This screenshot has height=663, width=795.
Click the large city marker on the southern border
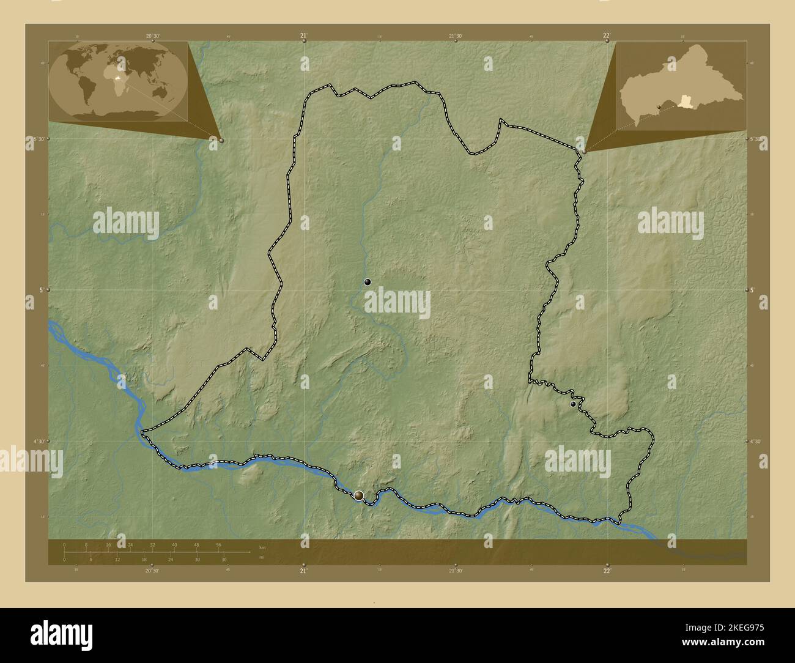point(359,495)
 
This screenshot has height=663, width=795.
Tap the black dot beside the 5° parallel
point(368,282)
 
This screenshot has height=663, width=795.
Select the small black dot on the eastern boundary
point(573,404)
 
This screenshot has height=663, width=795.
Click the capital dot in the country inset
point(659,108)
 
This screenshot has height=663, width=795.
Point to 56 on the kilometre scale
point(218,544)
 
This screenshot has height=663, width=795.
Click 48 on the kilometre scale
point(196,544)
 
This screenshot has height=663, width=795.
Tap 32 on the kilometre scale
point(152,544)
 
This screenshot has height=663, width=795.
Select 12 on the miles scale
point(117,559)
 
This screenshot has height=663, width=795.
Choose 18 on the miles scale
point(145,559)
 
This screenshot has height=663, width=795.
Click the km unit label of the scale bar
point(262,547)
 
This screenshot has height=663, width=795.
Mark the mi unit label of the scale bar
point(262,557)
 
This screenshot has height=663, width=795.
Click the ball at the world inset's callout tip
point(221,140)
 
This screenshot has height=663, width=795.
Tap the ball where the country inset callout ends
point(584,151)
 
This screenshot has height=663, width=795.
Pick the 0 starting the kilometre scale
point(64,544)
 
